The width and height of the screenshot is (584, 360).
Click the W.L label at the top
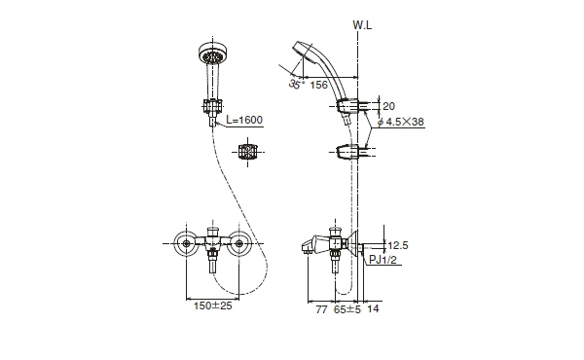click(362, 25)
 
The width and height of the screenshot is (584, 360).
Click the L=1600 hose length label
click(244, 120)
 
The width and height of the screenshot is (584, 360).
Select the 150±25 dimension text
click(212, 306)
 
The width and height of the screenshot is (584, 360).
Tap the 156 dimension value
click(319, 85)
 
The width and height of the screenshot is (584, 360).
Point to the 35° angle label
click(296, 84)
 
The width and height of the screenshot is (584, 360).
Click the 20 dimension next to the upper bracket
click(388, 106)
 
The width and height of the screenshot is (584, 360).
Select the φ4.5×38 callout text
click(401, 122)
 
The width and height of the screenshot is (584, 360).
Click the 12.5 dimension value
click(398, 245)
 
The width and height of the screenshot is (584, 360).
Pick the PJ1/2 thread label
click(383, 260)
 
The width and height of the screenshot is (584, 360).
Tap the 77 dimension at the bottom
click(321, 309)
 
